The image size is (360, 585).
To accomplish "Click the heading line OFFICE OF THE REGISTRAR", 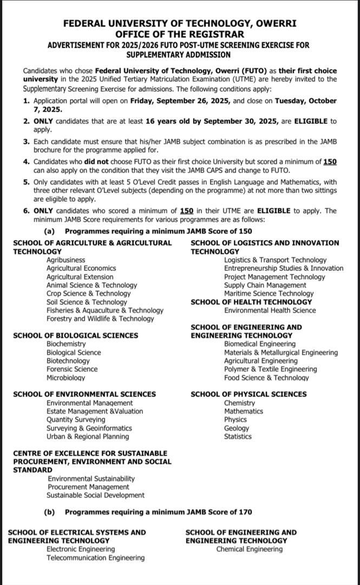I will [x=180, y=35].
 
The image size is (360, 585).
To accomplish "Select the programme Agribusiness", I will [x=66, y=260].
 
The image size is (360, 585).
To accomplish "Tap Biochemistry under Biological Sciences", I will [x=66, y=344].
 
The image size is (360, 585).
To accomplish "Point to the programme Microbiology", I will [x=66, y=378].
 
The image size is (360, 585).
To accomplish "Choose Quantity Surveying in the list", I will [x=76, y=420].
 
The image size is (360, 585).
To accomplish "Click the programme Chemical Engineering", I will [x=250, y=549].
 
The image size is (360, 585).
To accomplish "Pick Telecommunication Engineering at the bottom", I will [x=95, y=558].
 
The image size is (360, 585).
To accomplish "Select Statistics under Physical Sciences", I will [x=238, y=437].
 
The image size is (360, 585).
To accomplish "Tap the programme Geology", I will [x=237, y=428].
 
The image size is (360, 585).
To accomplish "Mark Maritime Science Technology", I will [x=269, y=294].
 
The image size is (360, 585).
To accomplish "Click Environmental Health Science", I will [x=270, y=310].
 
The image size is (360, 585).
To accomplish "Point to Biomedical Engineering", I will [x=260, y=344].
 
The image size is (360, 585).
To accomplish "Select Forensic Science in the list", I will [x=72, y=369].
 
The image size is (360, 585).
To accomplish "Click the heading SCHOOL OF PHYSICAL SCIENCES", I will [x=248, y=394].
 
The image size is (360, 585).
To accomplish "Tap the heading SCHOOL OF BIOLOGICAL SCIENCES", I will [x=75, y=335].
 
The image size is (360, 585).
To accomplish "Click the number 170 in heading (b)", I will [x=245, y=512].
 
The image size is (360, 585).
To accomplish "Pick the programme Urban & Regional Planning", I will [x=88, y=437].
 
